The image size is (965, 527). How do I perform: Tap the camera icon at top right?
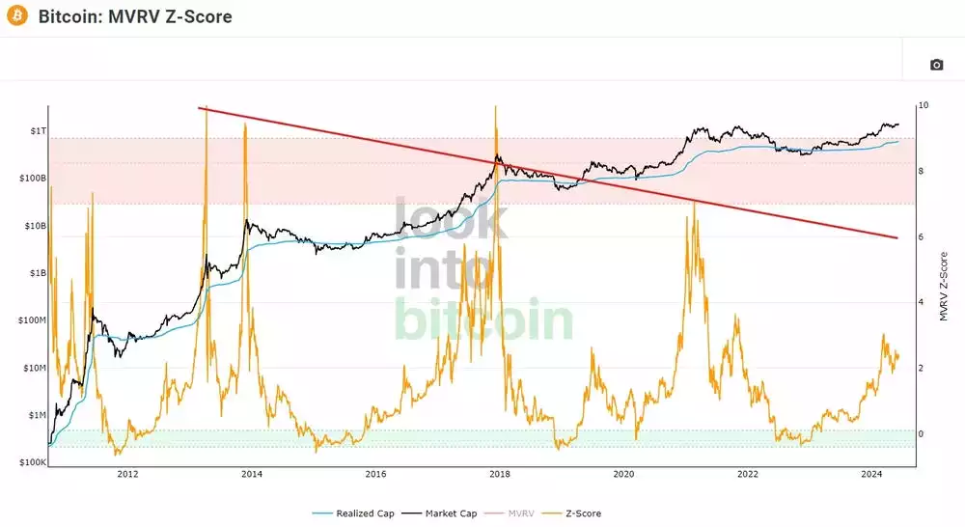click(x=936, y=65)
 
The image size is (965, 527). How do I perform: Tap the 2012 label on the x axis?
click(x=127, y=474)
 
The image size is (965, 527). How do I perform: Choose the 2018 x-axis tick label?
click(x=500, y=474)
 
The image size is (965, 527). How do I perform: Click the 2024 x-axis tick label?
click(x=872, y=474)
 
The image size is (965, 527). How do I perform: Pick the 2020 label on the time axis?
click(x=624, y=474)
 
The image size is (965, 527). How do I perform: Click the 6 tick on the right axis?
click(x=922, y=236)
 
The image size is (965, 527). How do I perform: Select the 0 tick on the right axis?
click(x=922, y=433)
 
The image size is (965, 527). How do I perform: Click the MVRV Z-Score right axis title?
click(x=943, y=287)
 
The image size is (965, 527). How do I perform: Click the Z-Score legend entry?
click(x=577, y=513)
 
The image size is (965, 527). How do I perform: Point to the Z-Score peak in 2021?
click(x=694, y=204)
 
